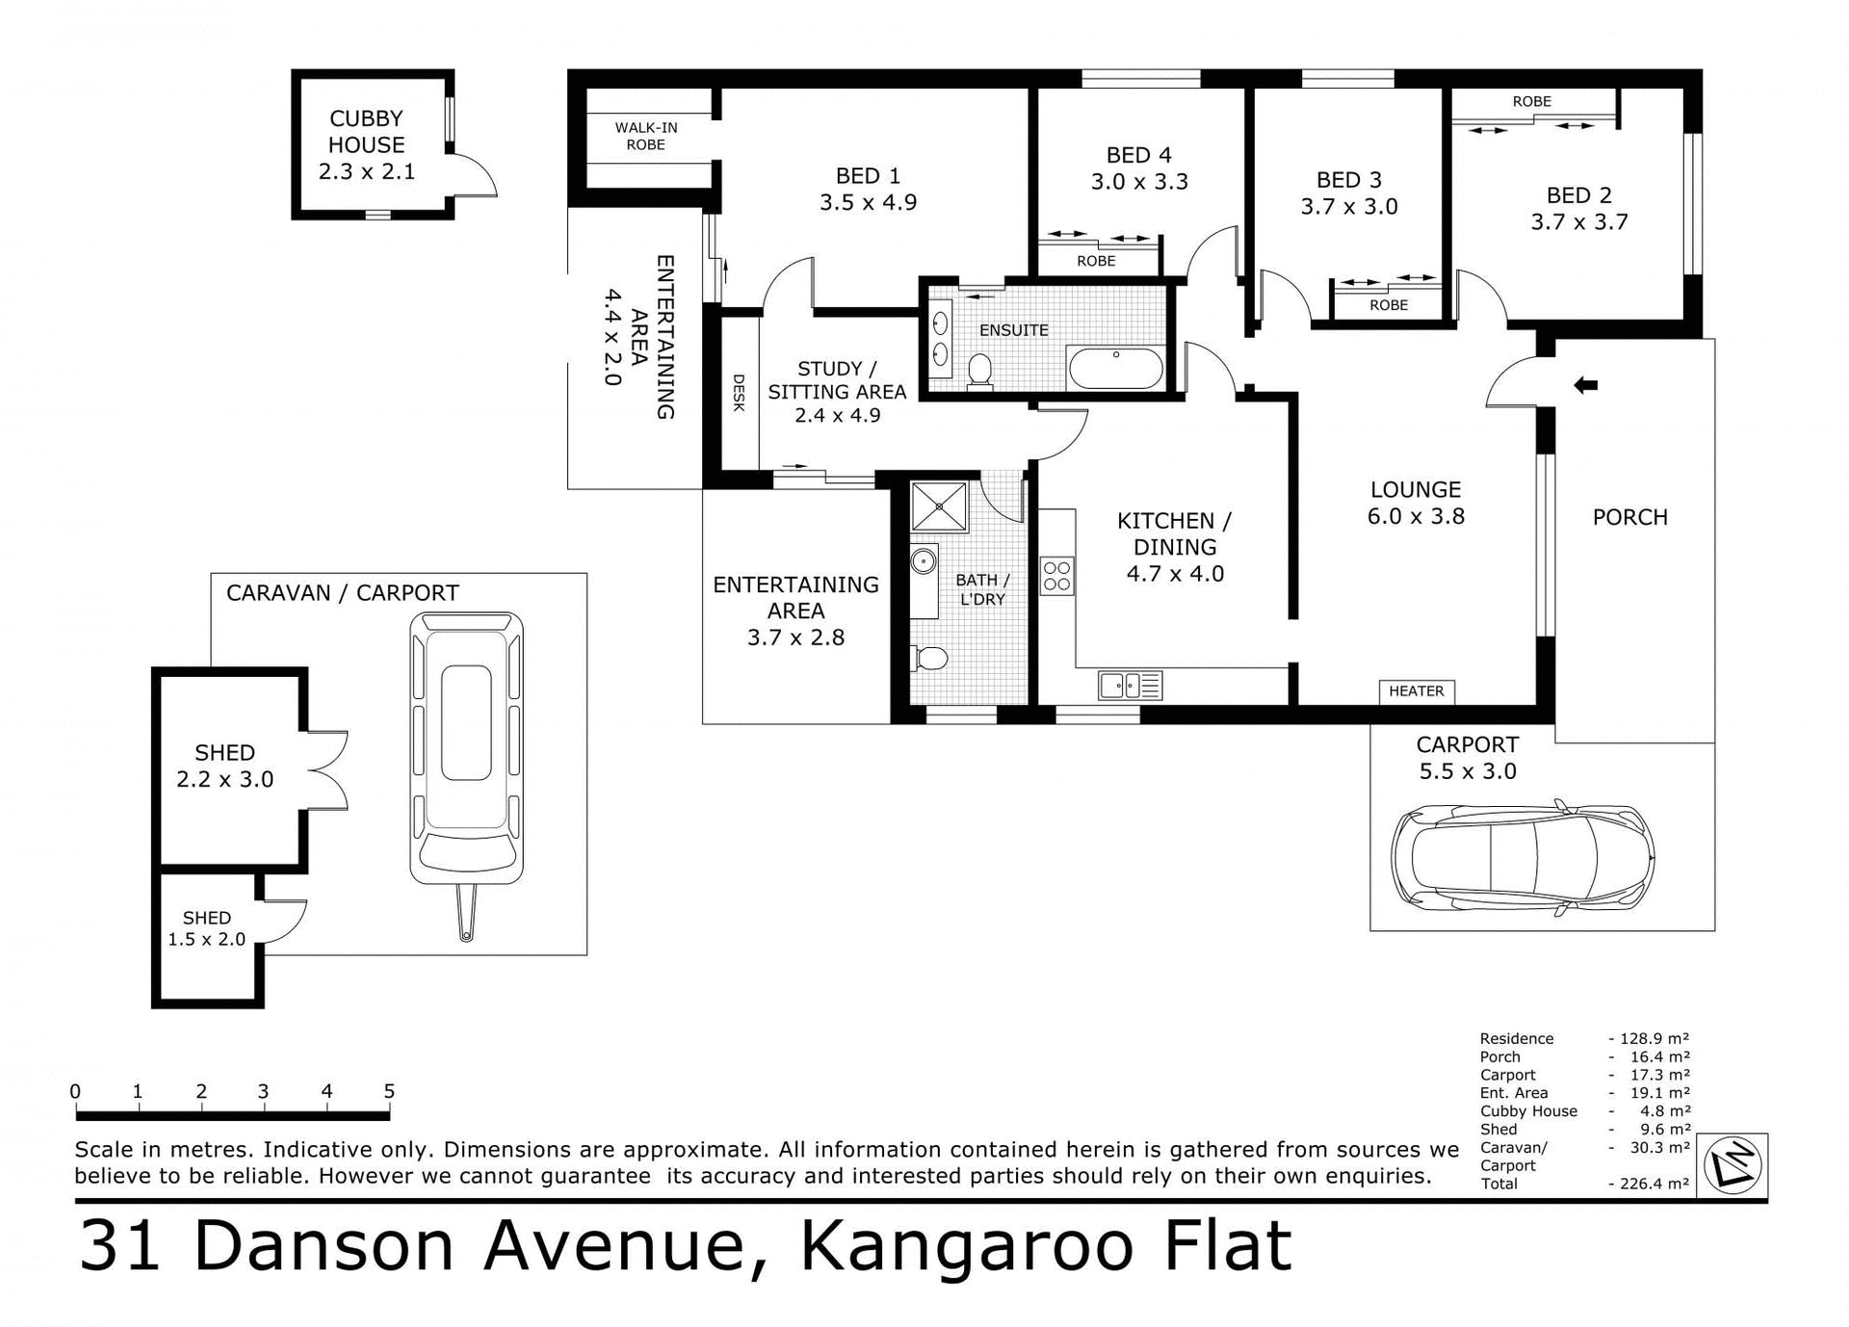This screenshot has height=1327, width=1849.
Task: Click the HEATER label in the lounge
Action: click(1416, 691)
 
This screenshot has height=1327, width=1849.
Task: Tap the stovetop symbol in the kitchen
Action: click(1056, 576)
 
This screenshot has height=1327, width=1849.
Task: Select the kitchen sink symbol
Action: click(1130, 686)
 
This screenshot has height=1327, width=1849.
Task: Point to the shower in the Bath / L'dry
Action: click(939, 507)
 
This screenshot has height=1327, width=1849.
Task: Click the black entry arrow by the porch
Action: click(1585, 385)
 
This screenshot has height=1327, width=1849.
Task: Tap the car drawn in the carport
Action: click(1522, 855)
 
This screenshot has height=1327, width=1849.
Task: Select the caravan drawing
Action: click(467, 761)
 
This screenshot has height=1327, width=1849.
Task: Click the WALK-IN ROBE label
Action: click(646, 136)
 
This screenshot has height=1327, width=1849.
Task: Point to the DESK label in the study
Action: click(739, 393)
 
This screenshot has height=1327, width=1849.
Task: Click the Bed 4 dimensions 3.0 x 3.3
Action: click(1139, 182)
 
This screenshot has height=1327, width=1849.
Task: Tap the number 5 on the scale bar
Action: click(389, 1091)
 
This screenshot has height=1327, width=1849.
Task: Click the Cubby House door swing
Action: click(474, 176)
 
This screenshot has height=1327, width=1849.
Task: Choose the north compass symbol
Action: click(1732, 1165)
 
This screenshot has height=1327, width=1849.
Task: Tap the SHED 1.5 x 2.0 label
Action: click(207, 928)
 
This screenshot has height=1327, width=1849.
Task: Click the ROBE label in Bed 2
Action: click(1531, 101)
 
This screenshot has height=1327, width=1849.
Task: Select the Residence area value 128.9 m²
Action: click(1654, 1038)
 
